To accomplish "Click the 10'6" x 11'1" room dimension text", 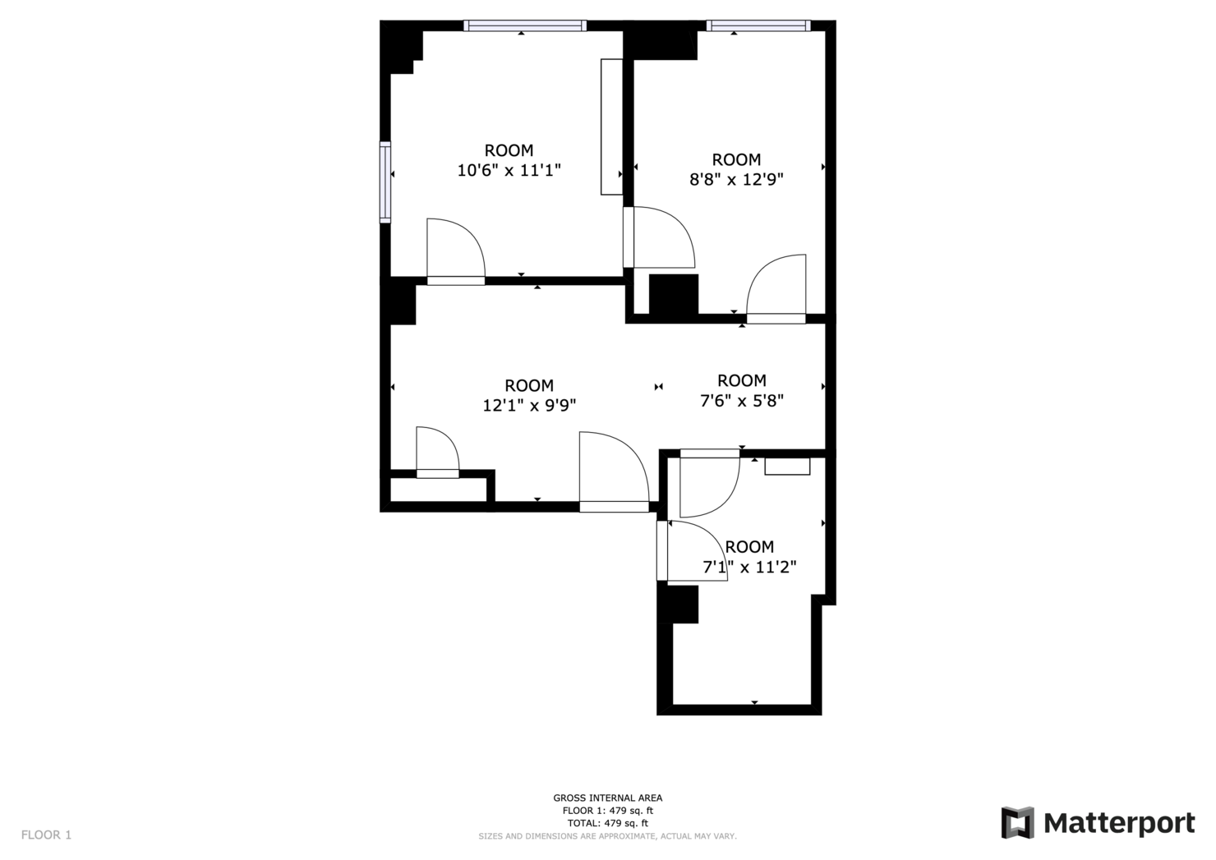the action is click(x=509, y=170).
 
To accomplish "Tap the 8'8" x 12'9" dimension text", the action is click(x=736, y=180).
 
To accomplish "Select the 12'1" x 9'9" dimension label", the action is click(x=529, y=405).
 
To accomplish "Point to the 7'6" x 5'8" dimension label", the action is click(x=742, y=401).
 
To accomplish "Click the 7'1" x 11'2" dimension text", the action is click(x=749, y=567).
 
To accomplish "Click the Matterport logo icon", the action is click(x=1018, y=822).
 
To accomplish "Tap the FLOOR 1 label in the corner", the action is click(x=46, y=835).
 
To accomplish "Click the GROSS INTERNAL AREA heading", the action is click(x=607, y=798).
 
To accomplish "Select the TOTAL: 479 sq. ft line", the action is click(x=607, y=823).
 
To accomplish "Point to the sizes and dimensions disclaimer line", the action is click(x=607, y=836).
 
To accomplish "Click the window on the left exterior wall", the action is click(x=385, y=182).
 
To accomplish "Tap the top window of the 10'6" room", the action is click(x=525, y=25).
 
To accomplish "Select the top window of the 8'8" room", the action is click(x=758, y=25).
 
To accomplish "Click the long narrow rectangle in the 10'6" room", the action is click(x=612, y=126).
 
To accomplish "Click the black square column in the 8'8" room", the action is click(x=674, y=294).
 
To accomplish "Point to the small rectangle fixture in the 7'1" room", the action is click(x=787, y=467).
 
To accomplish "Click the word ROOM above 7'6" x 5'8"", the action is click(x=742, y=380).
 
